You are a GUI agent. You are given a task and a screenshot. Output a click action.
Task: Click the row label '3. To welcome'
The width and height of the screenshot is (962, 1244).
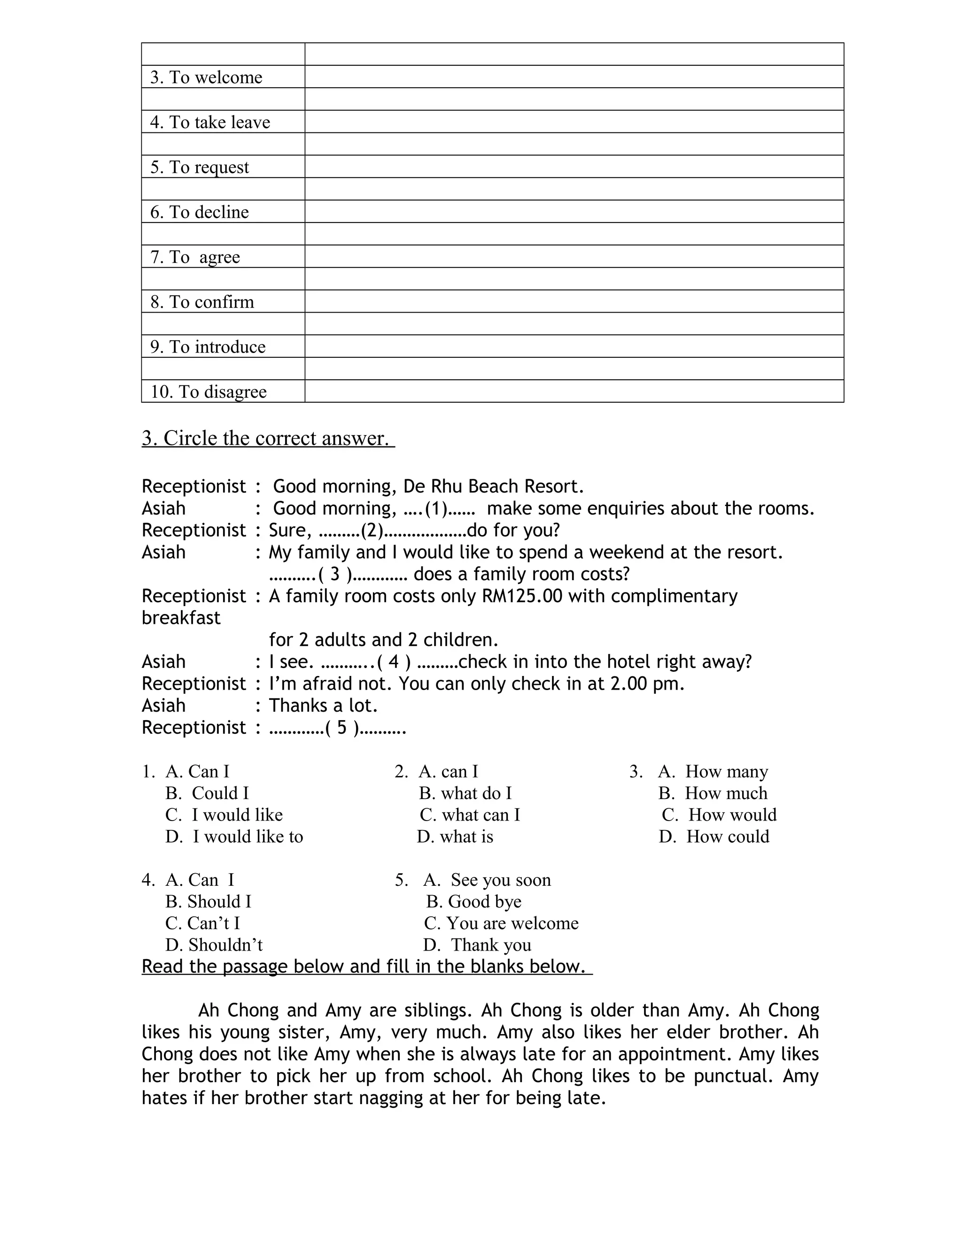click(x=206, y=77)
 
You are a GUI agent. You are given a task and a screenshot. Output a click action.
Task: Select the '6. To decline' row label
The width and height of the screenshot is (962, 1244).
click(x=200, y=212)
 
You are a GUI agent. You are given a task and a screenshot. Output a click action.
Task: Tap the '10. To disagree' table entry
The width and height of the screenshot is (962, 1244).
click(x=208, y=392)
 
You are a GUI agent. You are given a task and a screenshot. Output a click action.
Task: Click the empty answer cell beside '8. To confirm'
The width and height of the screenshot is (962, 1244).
click(x=574, y=301)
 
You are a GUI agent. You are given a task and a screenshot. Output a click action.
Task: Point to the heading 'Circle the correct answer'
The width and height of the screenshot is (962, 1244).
click(x=268, y=438)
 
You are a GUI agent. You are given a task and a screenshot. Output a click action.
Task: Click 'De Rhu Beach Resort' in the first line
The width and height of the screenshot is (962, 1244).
click(x=494, y=486)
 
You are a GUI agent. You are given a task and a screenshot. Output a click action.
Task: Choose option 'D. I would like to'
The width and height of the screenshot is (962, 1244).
click(x=235, y=836)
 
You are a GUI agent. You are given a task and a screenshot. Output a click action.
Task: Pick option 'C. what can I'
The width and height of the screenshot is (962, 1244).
click(x=470, y=814)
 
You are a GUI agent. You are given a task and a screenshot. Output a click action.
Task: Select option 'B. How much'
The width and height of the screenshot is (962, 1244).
click(x=713, y=793)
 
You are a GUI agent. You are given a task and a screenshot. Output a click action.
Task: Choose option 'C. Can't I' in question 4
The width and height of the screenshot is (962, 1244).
click(x=203, y=923)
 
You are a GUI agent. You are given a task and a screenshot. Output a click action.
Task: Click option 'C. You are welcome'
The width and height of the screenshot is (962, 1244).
click(x=501, y=923)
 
